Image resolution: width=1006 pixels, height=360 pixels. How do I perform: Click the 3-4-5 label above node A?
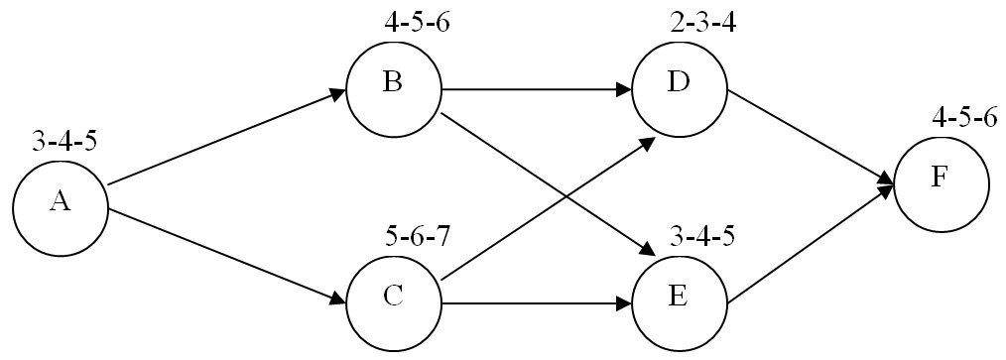tap(64, 140)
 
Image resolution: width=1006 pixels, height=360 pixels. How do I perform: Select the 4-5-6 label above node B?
tap(418, 22)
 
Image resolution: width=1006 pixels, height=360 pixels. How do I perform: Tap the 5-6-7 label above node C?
tap(418, 238)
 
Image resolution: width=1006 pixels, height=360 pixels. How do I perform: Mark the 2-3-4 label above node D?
tap(703, 22)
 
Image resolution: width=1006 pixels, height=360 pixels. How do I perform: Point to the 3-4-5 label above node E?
tap(702, 238)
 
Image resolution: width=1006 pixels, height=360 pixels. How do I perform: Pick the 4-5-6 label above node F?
tap(964, 118)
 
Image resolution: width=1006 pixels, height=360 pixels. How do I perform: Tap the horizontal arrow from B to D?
tap(536, 89)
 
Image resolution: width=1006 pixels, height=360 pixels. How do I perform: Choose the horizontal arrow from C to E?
tap(536, 302)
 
